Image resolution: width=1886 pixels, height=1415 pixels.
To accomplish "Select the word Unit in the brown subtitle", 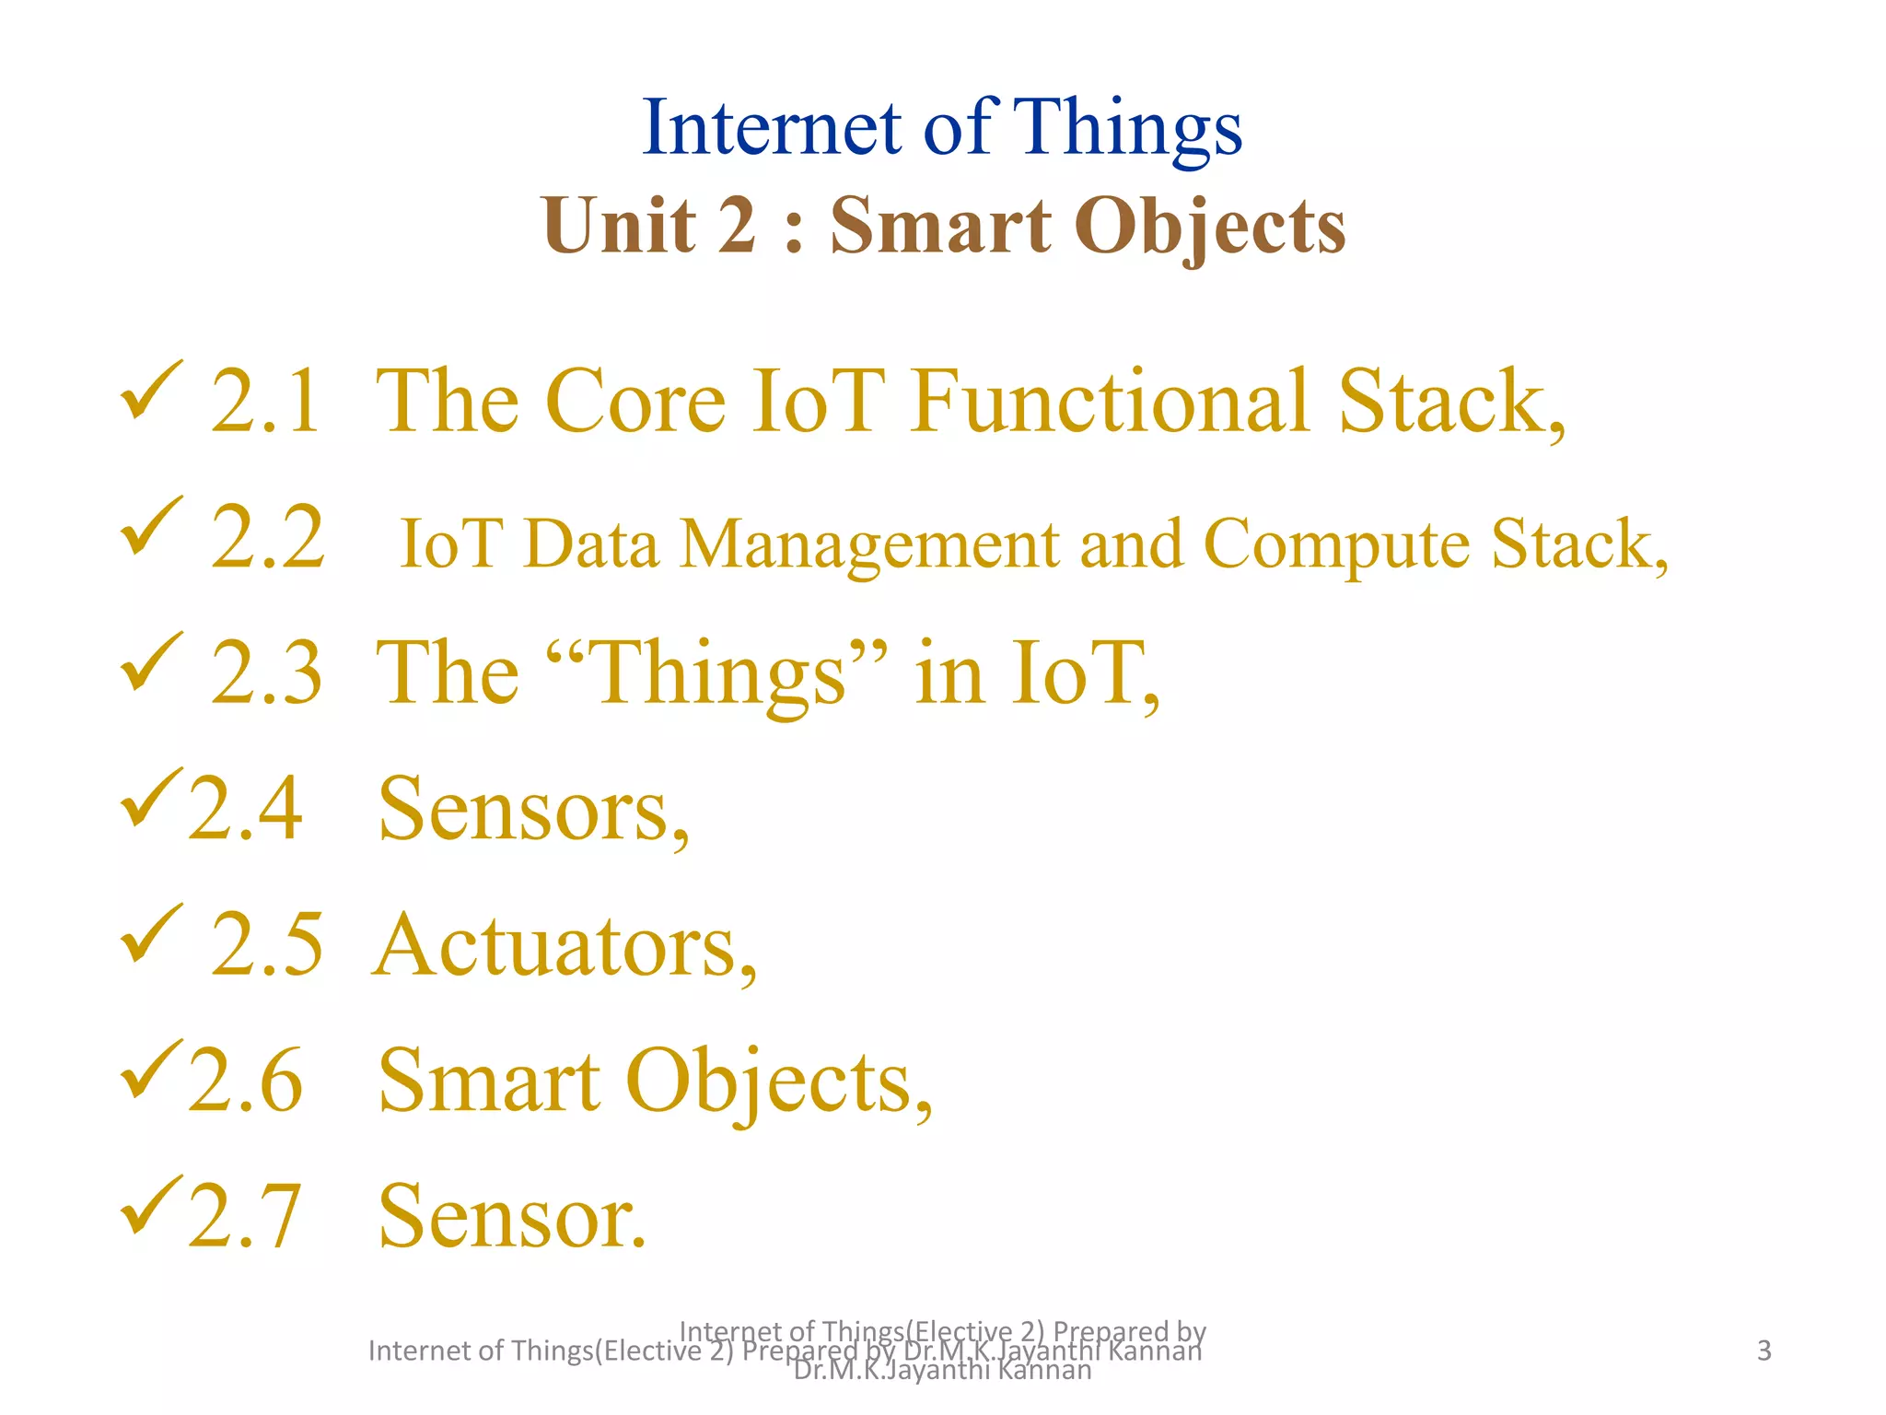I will [x=620, y=226].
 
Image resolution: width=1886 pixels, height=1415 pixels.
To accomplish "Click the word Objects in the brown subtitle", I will [x=1209, y=228].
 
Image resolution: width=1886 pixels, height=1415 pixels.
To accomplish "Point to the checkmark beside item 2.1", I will [x=151, y=391].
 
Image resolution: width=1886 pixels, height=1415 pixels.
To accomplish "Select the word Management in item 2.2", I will [x=869, y=545].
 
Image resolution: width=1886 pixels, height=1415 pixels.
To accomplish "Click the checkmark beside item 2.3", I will [x=151, y=661].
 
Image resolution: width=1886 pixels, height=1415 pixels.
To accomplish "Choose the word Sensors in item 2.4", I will [x=532, y=810].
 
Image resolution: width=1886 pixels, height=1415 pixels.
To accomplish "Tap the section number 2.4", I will [x=245, y=809].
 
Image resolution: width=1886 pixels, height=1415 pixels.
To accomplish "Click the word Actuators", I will [x=564, y=945].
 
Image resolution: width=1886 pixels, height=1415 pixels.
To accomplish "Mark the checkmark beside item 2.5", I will [x=151, y=933].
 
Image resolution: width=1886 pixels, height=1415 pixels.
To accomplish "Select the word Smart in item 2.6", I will [x=489, y=1081].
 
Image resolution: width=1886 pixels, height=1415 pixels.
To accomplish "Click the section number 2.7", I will [x=245, y=1217].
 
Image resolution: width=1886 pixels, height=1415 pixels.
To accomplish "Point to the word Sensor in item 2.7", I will [x=512, y=1217].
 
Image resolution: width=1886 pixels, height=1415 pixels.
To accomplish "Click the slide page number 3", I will [x=1764, y=1351].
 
